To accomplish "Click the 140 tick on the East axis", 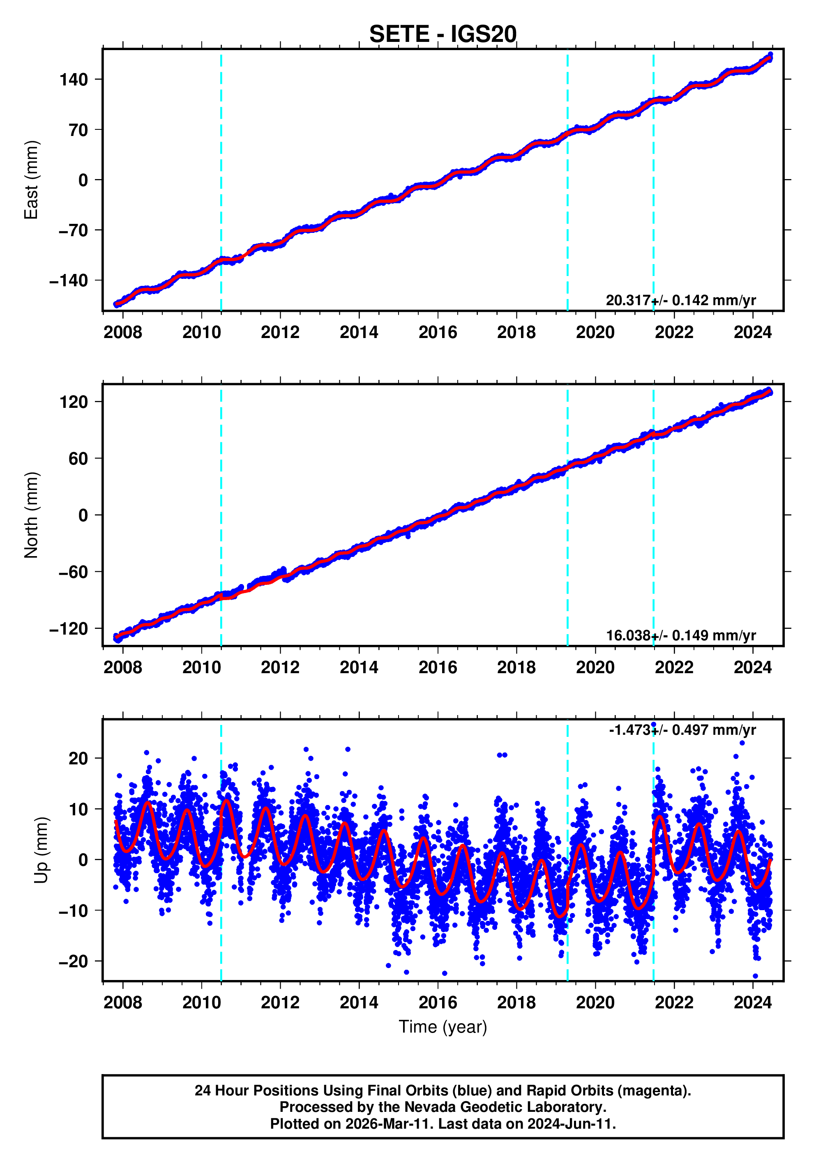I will pos(74,80).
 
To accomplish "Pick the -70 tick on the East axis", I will pos(74,231).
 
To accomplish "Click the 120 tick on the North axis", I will pos(74,402).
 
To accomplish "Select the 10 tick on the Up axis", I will pos(78,809).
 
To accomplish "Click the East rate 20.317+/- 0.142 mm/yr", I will pos(680,301).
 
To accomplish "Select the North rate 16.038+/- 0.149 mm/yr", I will pos(680,636).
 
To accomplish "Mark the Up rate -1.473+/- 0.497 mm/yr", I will pos(682,730).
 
